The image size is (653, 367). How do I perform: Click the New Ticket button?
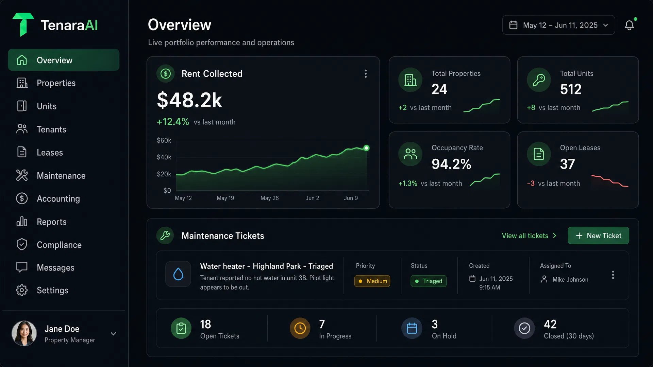point(598,235)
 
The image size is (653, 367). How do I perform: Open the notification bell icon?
point(629,25)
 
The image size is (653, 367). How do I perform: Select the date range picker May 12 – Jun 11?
point(558,25)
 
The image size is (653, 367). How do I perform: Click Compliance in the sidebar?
point(59,245)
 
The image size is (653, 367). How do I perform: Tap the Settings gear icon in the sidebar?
point(22,290)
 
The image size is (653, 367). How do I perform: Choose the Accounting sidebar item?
point(58,199)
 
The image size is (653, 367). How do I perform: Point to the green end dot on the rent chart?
point(366,148)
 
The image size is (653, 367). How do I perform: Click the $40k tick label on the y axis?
point(164,157)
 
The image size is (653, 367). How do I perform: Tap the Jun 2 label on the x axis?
point(312,198)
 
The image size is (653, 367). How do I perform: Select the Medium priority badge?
point(372,281)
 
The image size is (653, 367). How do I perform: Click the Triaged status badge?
point(429,281)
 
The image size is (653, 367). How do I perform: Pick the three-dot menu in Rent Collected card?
point(366,74)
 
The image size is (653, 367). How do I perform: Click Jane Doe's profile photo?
point(24,333)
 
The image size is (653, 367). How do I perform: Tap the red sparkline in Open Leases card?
point(610,181)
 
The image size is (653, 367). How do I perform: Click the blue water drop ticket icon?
point(178,274)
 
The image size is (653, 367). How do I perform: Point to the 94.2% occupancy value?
point(451,164)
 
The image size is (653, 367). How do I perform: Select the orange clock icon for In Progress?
point(300,328)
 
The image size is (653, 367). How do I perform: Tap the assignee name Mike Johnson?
point(570,279)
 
